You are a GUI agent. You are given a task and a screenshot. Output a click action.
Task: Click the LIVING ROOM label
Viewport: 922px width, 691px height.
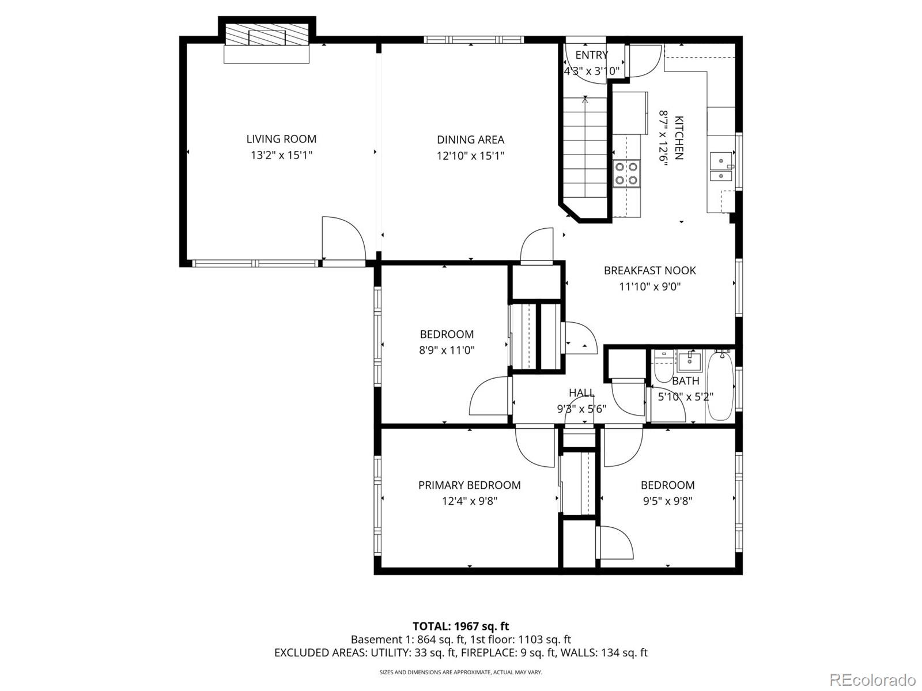(x=281, y=139)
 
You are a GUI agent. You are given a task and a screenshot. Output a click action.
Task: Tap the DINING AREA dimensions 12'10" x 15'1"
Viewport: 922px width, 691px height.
(x=470, y=156)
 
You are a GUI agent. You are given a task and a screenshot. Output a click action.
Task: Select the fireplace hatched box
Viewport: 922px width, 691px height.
(x=267, y=35)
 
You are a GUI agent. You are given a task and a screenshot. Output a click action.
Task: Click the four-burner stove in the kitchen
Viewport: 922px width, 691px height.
(x=626, y=173)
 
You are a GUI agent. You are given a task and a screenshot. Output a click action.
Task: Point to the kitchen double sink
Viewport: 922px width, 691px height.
(x=721, y=167)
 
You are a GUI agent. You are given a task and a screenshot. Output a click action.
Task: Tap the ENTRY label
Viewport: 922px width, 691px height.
(x=591, y=55)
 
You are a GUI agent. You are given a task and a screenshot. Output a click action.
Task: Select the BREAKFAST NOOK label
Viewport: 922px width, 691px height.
(x=649, y=270)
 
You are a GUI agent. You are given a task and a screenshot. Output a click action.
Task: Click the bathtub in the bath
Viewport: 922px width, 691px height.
(x=720, y=386)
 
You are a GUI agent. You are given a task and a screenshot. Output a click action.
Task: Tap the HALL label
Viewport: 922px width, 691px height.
(x=581, y=392)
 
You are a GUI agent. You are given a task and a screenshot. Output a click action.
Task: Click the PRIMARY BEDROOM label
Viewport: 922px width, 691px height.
(x=469, y=485)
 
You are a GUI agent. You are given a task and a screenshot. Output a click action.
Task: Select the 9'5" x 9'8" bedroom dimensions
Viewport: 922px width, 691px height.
(x=667, y=501)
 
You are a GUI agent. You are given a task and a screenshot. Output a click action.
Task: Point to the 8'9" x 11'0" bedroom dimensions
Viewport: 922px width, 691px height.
(x=447, y=350)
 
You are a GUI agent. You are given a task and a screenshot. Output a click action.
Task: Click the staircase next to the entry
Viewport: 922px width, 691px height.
(x=585, y=147)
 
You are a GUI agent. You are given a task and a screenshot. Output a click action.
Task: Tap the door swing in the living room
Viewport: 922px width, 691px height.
(x=343, y=238)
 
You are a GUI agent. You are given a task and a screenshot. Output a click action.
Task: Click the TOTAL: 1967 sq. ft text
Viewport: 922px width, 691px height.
(x=461, y=626)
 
